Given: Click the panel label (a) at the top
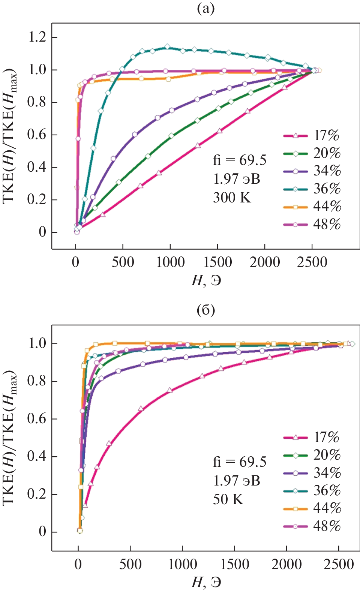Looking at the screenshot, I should pos(205,8).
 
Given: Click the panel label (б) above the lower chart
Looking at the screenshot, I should pos(205,310).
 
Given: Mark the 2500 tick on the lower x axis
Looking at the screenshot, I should pos(339,564).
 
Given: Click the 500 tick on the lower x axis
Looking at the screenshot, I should pos(130,564).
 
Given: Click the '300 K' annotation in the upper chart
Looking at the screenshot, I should pos(232,198).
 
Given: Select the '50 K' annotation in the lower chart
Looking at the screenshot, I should pos(228,499).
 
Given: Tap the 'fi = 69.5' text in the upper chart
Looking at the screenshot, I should pos(240,160).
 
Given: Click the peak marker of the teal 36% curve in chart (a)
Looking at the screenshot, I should pos(167,47).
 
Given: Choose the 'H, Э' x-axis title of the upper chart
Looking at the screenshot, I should pos(206,280).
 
